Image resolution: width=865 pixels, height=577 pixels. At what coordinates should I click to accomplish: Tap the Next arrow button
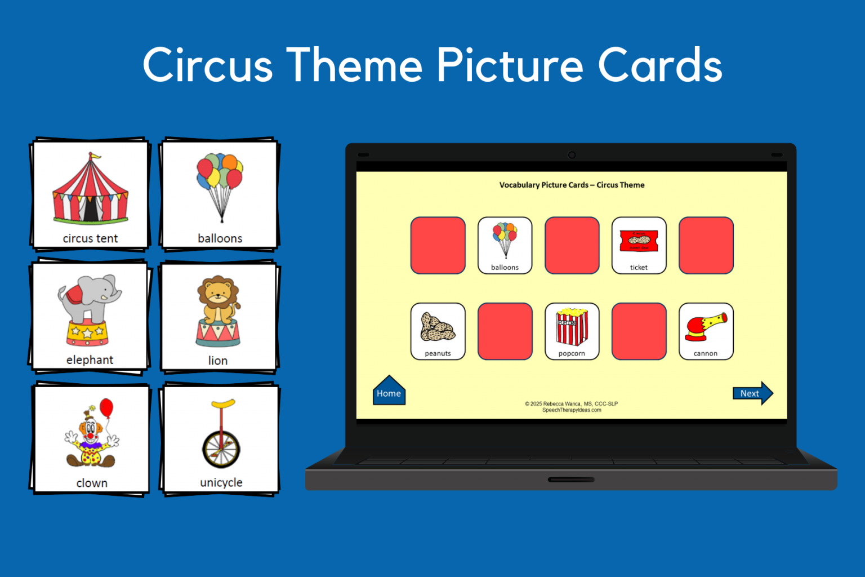752,393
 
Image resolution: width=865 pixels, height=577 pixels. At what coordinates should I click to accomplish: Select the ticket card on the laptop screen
639,246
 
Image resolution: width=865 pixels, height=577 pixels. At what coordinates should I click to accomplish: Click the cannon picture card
706,331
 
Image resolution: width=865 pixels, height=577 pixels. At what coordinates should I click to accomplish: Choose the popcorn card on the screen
572,331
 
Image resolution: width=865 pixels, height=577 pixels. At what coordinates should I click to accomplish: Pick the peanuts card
438,331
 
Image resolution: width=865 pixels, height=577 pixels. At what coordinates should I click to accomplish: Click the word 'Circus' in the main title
208,65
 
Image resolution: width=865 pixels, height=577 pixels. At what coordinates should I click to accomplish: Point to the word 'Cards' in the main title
659,65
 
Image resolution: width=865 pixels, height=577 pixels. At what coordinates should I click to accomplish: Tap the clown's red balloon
106,407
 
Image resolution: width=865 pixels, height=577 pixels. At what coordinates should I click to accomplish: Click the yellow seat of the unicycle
223,403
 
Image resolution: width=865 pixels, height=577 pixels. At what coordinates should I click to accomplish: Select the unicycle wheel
221,449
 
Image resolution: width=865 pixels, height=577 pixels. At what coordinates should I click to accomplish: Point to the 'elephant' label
90,360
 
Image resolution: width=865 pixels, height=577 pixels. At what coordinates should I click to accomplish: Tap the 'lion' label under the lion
218,361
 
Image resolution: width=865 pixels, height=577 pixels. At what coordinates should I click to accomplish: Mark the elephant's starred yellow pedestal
87,332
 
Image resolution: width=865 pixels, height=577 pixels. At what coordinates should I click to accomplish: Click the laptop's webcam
572,155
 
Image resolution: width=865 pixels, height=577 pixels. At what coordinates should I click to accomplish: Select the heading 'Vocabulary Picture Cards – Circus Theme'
572,185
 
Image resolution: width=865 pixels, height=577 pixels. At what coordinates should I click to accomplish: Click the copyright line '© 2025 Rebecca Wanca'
571,403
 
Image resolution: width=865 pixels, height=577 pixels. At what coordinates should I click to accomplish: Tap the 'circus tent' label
90,238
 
